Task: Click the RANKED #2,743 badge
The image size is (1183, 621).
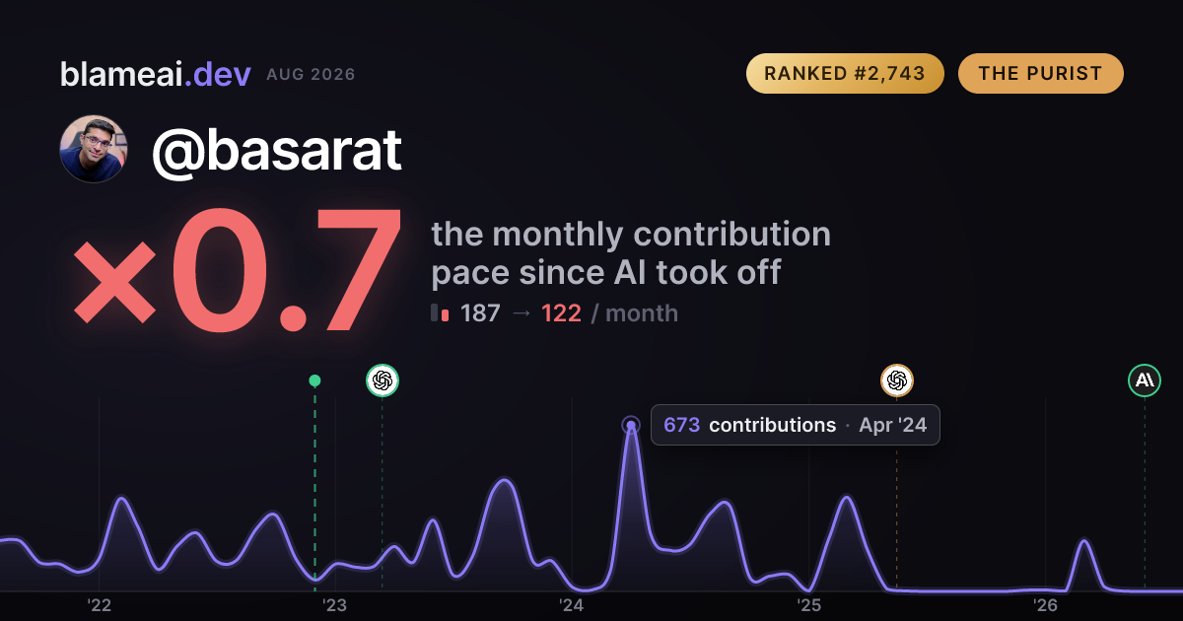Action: (845, 73)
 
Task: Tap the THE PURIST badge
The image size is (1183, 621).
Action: (1041, 73)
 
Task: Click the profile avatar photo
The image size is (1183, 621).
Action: (94, 149)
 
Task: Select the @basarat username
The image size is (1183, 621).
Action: (277, 152)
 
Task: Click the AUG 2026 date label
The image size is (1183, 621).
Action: (312, 75)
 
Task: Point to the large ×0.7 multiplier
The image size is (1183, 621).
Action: (238, 270)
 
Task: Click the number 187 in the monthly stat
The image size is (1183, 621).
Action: (480, 313)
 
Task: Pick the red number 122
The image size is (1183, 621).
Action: (561, 313)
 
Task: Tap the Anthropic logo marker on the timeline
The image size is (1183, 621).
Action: (1145, 380)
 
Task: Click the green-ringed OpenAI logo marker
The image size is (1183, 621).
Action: (383, 380)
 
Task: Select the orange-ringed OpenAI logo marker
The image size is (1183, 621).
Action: (897, 380)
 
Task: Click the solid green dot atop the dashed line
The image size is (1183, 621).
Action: (314, 380)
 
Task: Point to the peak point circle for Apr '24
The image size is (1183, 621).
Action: (631, 425)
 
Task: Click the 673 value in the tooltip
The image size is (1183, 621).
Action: (682, 425)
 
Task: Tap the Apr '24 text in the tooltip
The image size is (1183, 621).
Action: (893, 425)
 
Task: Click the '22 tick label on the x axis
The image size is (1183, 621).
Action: (99, 605)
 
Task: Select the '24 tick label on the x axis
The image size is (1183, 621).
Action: (572, 605)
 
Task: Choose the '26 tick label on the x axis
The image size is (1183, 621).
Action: (1045, 605)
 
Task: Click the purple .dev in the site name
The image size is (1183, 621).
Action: (218, 74)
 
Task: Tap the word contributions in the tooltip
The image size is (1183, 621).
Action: (773, 425)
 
